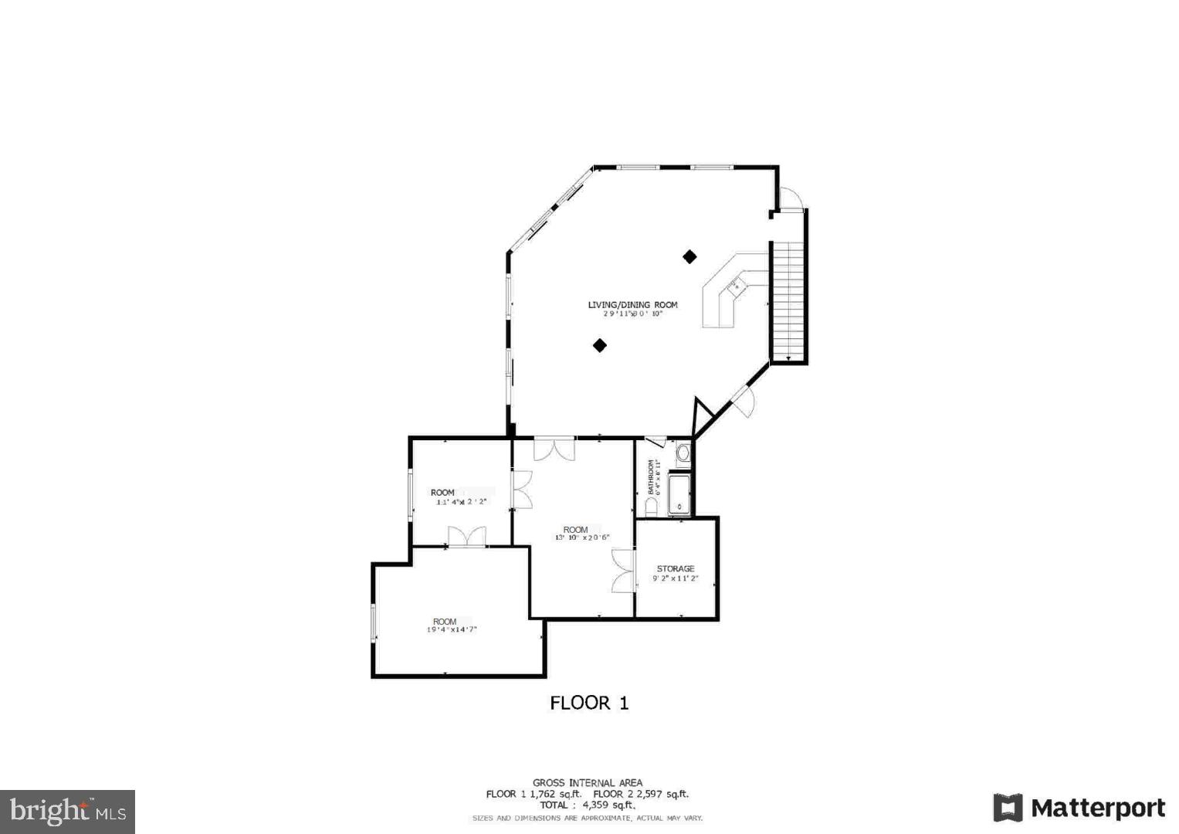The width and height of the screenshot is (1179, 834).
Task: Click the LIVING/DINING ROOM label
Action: tap(632, 304)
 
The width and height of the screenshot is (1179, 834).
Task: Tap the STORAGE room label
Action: tap(676, 568)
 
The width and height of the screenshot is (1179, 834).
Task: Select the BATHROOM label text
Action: tap(652, 478)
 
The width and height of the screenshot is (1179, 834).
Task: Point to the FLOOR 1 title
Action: tap(589, 703)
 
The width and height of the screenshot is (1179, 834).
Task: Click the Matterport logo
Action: tap(1079, 809)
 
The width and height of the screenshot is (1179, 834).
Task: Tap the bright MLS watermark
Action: tap(68, 811)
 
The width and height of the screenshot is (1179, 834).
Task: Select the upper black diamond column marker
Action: tap(689, 256)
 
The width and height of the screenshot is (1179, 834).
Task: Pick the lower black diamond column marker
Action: tap(600, 345)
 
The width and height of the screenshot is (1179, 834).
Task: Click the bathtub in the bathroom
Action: tap(679, 494)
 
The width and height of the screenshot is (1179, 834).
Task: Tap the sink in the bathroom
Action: tap(683, 453)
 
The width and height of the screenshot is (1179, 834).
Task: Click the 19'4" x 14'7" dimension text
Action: tap(452, 630)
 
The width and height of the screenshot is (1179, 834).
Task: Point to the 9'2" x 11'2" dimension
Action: tap(676, 578)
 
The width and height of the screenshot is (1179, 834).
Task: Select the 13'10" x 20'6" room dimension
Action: tap(581, 537)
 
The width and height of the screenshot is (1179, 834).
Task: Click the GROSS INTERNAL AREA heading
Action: tap(587, 782)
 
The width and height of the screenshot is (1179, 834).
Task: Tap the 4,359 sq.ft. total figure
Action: tap(608, 805)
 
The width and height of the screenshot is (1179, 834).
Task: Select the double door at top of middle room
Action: tap(554, 450)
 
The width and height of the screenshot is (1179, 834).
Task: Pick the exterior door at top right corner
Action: tap(791, 198)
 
